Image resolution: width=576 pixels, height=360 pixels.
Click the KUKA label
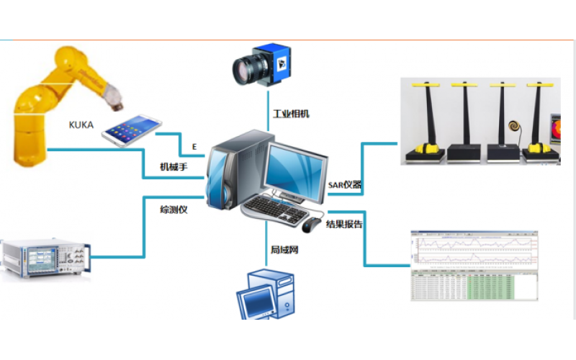(x=81, y=124)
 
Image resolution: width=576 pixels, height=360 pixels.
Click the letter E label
(x=194, y=146)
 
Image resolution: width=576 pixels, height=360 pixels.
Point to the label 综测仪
(x=174, y=210)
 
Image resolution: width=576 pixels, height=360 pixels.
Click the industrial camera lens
(x=248, y=68)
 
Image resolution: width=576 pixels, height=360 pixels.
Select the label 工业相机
(x=291, y=114)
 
